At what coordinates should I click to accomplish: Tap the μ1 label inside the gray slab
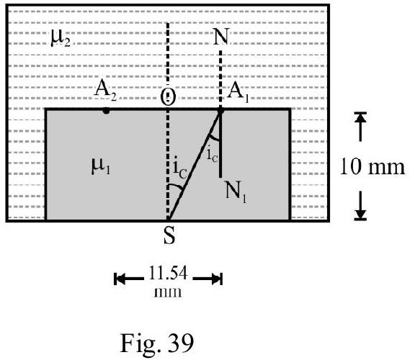point(101,166)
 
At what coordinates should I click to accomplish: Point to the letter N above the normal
point(221,37)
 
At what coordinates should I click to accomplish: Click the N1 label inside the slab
point(236,192)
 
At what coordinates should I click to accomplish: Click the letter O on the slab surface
point(168,96)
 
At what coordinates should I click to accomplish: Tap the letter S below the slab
point(169,235)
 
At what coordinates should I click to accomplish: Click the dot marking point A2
point(106,111)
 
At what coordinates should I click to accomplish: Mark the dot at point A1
point(220,111)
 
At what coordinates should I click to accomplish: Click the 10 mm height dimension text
point(372,166)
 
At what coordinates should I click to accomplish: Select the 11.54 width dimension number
point(168,273)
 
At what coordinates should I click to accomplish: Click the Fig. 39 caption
point(156,343)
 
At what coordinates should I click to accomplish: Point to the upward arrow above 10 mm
point(360,127)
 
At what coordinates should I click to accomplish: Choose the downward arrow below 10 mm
point(360,205)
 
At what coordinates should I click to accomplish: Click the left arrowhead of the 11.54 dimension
point(121,279)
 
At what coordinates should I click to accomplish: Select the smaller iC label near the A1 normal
point(212,155)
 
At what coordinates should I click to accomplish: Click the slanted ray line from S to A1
point(195,165)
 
